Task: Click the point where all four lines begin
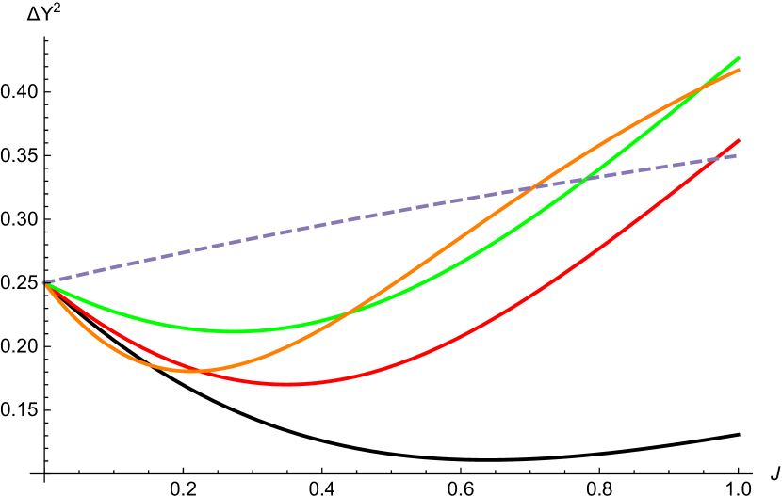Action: [44, 282]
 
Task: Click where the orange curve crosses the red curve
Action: [200, 370]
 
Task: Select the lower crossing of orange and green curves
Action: [346, 313]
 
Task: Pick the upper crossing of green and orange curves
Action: [705, 88]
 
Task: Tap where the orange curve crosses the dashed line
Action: [534, 187]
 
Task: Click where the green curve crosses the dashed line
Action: [585, 179]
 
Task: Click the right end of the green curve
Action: [740, 57]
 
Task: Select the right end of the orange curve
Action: [740, 70]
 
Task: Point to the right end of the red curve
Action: [740, 140]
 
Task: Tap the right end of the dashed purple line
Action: [737, 155]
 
